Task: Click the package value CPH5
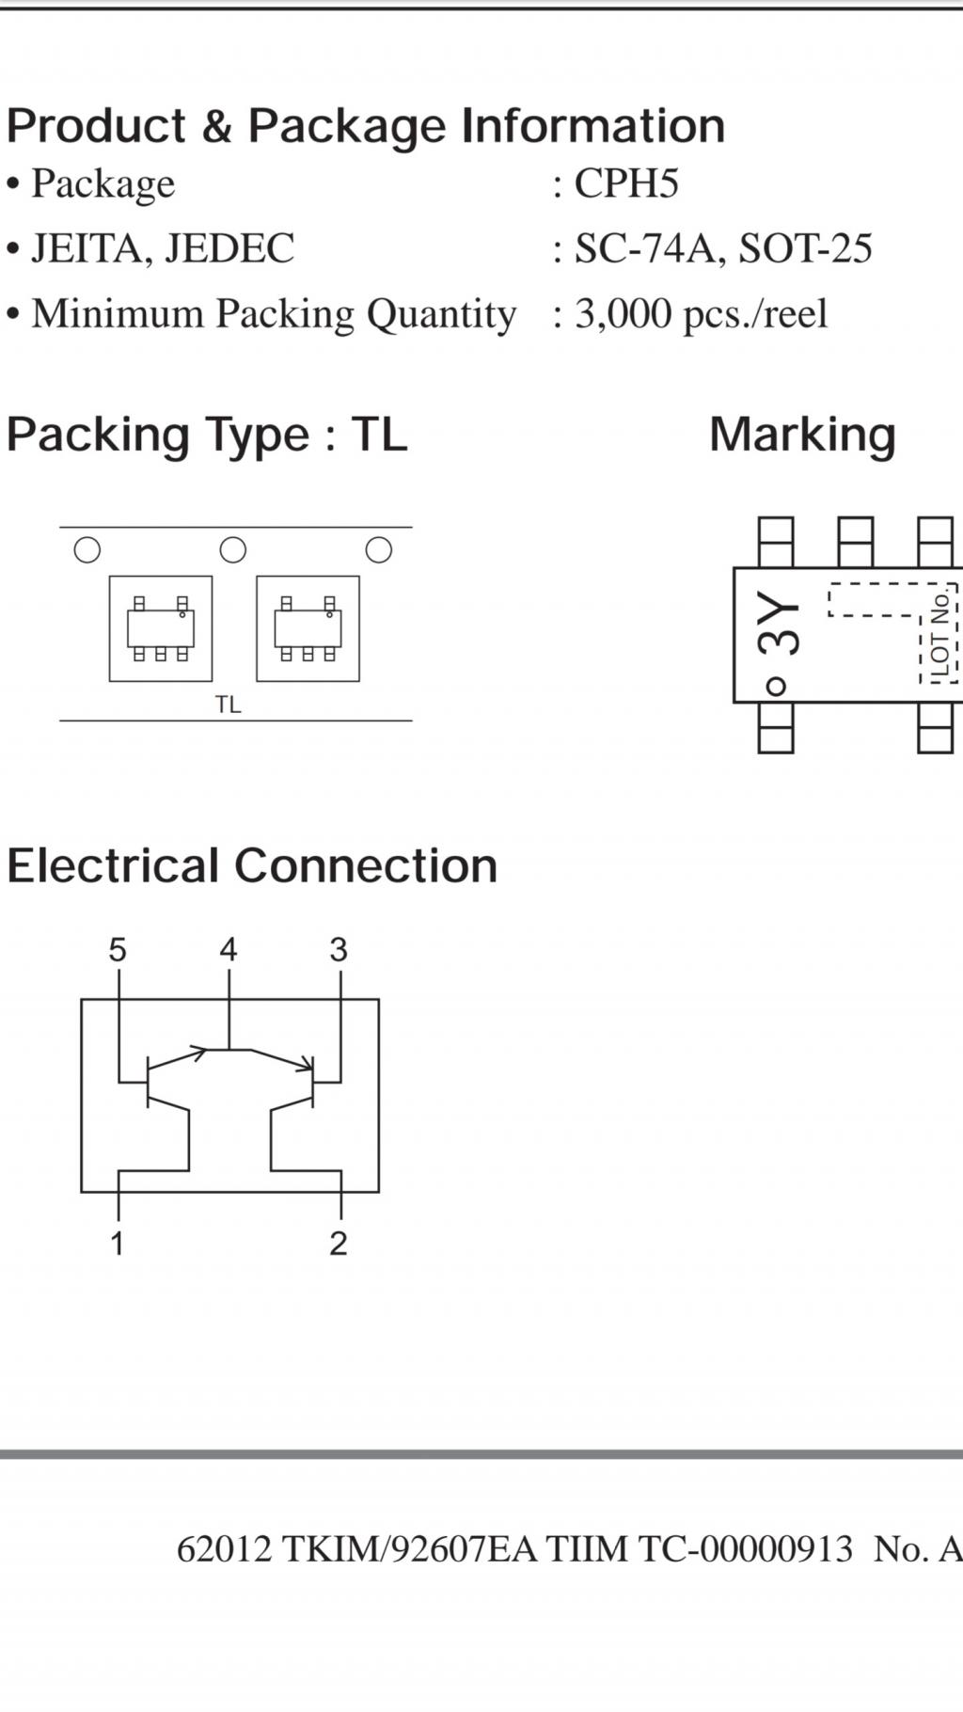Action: click(625, 183)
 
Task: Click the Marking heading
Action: click(802, 435)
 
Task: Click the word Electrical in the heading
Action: click(114, 865)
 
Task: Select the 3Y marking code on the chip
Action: click(779, 623)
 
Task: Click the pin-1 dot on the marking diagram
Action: click(775, 686)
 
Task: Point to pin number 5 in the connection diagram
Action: click(117, 950)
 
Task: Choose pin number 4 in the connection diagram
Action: click(229, 950)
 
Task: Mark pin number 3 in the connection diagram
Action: click(339, 950)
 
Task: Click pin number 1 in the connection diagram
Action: click(117, 1244)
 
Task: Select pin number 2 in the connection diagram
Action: click(339, 1244)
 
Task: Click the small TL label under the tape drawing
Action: click(228, 705)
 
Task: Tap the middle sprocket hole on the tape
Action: click(232, 549)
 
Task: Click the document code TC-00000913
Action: click(746, 1549)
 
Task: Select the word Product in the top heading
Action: click(97, 126)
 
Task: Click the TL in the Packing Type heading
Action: click(379, 435)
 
